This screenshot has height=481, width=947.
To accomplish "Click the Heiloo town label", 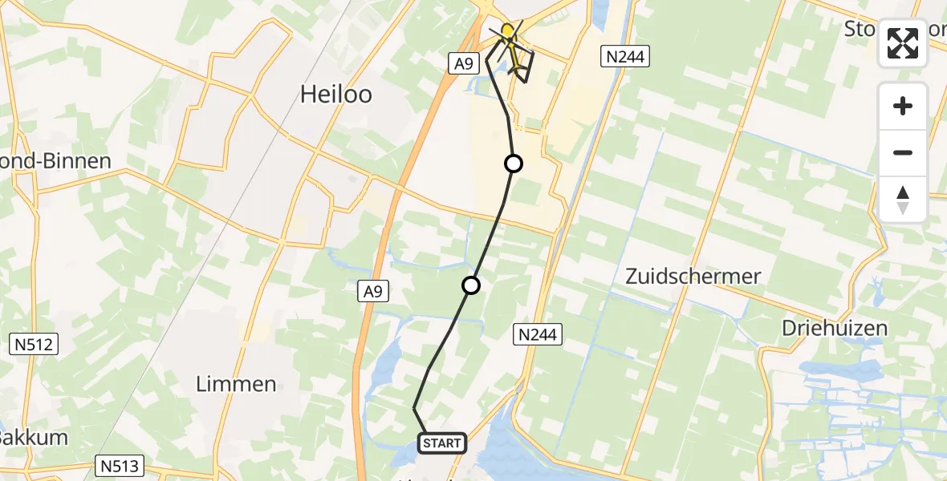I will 335,94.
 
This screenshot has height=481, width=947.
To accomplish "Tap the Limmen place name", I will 236,384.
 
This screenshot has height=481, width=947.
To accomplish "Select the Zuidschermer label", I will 693,277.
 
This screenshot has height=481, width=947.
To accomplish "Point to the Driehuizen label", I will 835,328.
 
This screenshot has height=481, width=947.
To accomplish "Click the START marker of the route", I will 441,443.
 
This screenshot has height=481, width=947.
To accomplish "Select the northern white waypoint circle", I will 513,164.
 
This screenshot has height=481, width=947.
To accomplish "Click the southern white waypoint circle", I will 471,285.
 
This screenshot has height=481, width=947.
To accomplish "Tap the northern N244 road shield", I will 624,55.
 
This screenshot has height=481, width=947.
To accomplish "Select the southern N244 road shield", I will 537,333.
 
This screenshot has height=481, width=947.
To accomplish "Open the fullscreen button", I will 903,43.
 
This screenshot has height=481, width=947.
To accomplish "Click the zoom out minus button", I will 903,153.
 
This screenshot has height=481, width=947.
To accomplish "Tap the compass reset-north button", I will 903,200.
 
